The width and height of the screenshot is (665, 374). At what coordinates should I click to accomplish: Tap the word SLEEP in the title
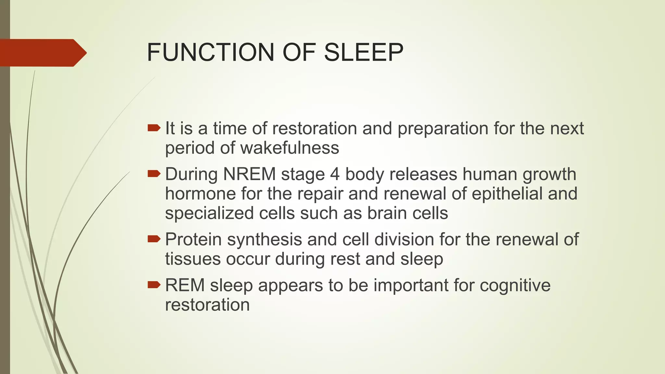363,52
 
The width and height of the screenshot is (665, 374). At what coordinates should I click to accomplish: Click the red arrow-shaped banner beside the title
42,53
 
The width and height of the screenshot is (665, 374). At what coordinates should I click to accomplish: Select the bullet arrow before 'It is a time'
154,128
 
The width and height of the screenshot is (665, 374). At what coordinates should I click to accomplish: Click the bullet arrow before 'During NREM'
154,174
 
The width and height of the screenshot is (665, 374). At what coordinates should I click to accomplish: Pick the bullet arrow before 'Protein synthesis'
154,239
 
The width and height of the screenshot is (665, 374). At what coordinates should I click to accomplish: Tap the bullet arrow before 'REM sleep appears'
154,285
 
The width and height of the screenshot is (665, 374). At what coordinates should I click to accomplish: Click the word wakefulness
290,148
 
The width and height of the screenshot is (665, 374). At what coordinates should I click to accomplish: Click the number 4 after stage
335,174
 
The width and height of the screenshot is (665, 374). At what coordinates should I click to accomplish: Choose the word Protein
193,239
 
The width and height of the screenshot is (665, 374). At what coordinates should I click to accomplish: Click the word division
404,239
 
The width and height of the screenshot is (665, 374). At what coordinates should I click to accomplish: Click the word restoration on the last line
207,305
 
